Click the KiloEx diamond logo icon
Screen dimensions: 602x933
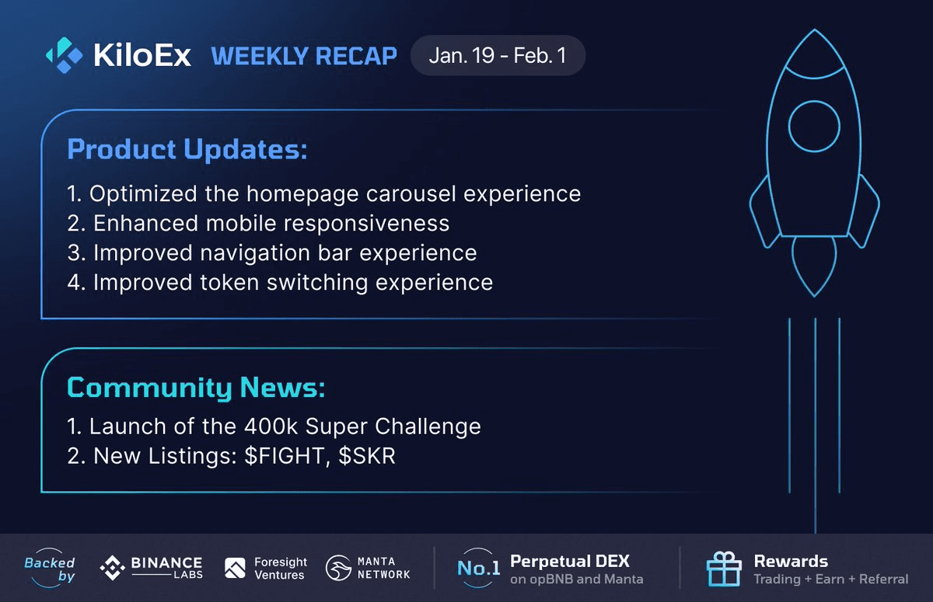64,54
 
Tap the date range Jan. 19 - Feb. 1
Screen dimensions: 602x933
498,56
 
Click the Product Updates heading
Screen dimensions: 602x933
187,149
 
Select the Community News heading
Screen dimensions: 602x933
196,387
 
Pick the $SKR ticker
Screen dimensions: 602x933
367,456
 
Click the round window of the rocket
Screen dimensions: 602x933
814,127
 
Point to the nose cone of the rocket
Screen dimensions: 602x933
814,50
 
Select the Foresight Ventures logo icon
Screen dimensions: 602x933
235,569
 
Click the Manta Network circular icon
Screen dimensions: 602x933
339,569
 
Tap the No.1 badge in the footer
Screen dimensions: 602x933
478,569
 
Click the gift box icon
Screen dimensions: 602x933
723,569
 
